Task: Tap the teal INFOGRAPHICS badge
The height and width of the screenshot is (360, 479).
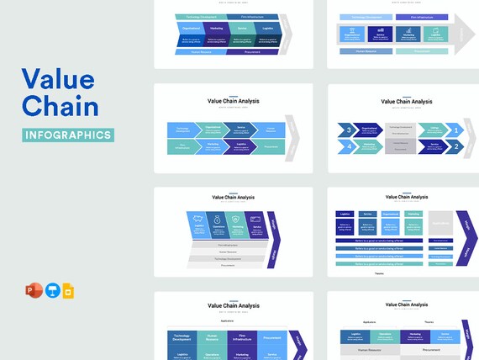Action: [x=67, y=135]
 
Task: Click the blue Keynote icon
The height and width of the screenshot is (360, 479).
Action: [x=52, y=291]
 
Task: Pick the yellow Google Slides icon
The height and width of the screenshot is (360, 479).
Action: [x=69, y=291]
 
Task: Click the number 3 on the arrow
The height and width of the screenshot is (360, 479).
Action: [x=348, y=130]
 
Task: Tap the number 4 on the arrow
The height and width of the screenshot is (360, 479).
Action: [x=348, y=146]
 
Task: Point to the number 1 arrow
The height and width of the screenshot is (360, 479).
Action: [x=455, y=130]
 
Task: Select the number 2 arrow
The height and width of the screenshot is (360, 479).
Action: [x=455, y=146]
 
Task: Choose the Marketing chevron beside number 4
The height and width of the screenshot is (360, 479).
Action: [x=368, y=146]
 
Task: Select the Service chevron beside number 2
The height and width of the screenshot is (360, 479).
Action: [x=432, y=146]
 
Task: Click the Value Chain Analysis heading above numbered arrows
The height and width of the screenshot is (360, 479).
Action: [x=407, y=102]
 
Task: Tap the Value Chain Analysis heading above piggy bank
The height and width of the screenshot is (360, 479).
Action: [x=233, y=196]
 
